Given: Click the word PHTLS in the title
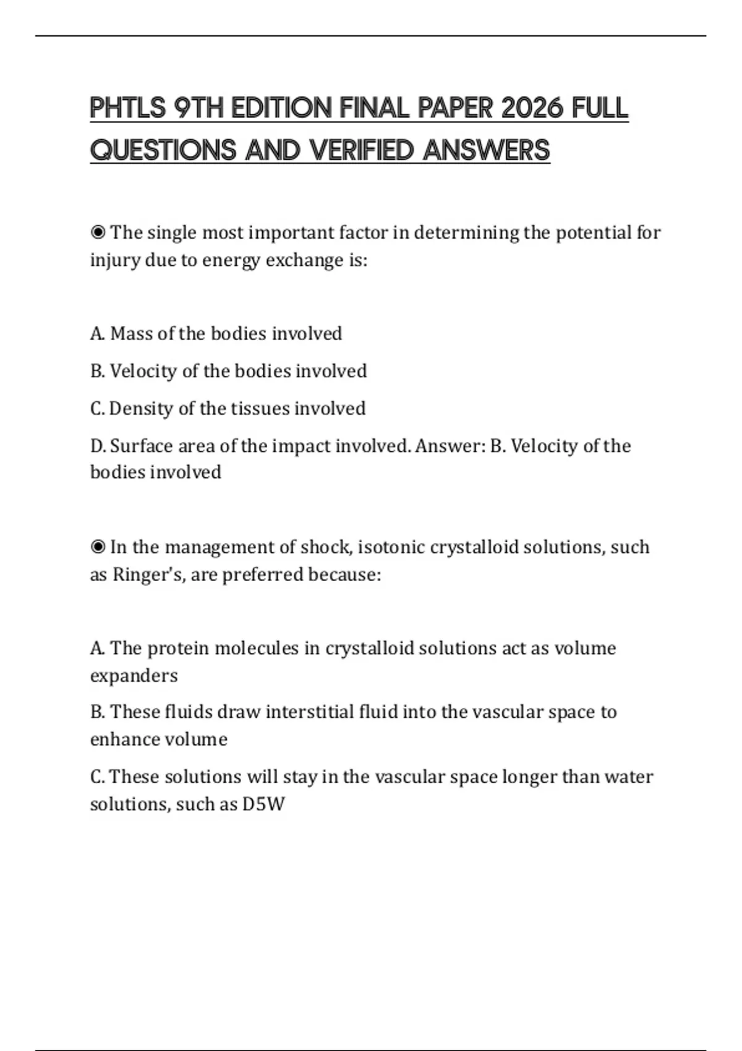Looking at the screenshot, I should [x=128, y=109].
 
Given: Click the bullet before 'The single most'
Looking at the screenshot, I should [x=98, y=233].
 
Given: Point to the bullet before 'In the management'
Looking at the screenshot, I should [x=98, y=548].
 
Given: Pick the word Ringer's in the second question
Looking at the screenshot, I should [x=148, y=575].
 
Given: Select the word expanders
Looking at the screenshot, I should [x=134, y=676].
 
